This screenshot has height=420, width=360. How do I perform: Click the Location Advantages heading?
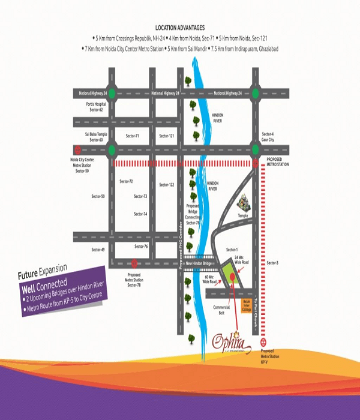pos(180,28)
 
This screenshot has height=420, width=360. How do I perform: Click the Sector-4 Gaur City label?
pos(268,136)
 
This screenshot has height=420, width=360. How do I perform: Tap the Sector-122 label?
pos(167,185)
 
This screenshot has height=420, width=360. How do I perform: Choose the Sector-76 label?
pos(141,247)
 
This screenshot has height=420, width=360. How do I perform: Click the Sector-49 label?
pos(98,249)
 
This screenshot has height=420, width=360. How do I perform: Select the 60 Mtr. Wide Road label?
pos(209,280)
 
